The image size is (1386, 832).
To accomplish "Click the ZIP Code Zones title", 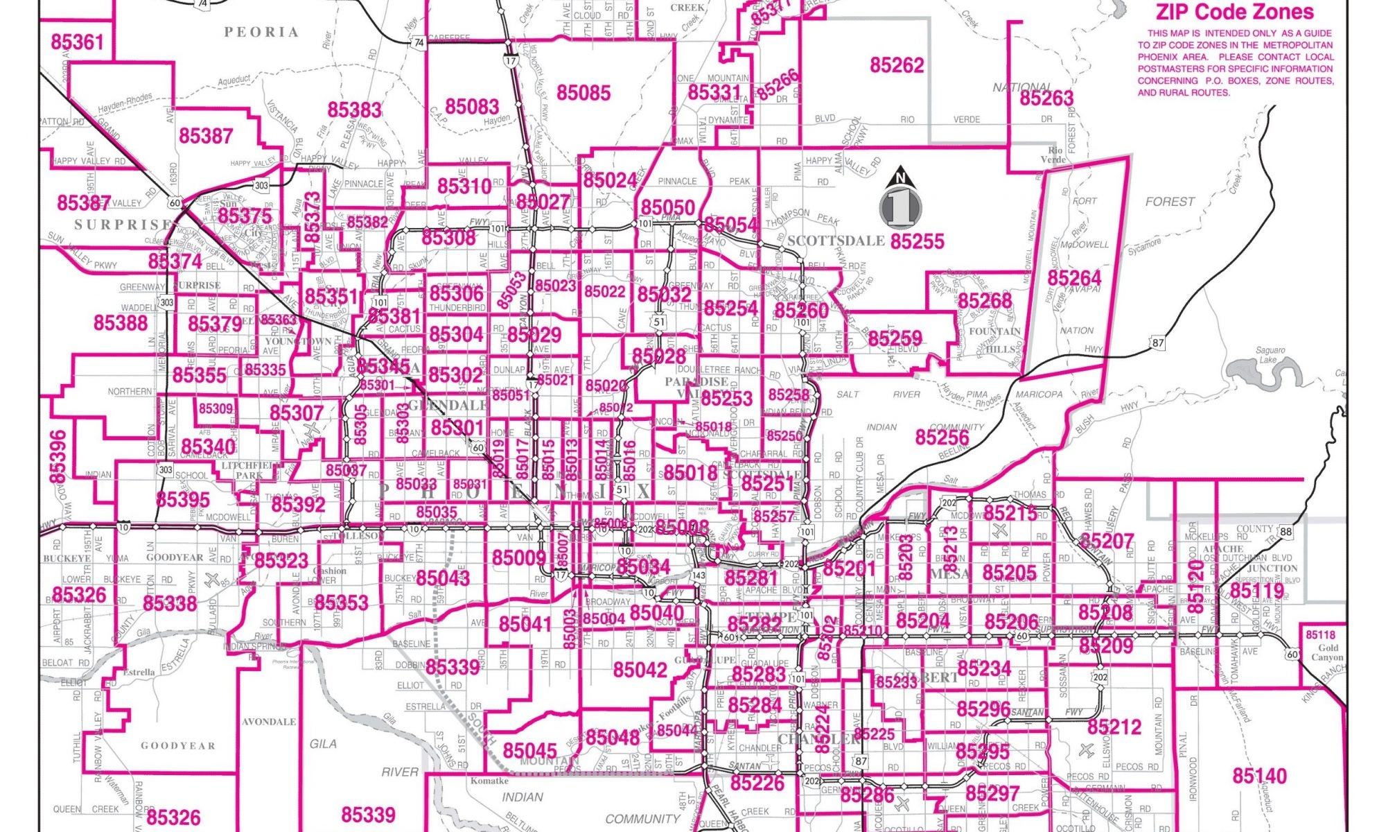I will pyautogui.click(x=1234, y=12).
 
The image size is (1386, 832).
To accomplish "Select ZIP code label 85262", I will pyautogui.click(x=897, y=65).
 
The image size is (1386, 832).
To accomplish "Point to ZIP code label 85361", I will pyautogui.click(x=77, y=42).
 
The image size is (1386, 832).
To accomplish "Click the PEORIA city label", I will pyautogui.click(x=261, y=32).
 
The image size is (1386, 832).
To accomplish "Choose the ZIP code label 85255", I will pyautogui.click(x=917, y=241).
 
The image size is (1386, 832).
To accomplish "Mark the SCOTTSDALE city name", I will pyautogui.click(x=836, y=241).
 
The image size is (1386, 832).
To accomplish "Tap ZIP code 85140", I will pyautogui.click(x=1259, y=776).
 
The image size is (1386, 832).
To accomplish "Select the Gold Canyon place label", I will pyautogui.click(x=1326, y=652).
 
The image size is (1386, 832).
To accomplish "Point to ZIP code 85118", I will pyautogui.click(x=1320, y=635).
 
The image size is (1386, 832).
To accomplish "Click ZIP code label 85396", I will pyautogui.click(x=58, y=456).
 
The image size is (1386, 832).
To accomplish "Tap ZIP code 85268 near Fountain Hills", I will pyautogui.click(x=984, y=301).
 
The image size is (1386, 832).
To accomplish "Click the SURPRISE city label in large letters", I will pyautogui.click(x=123, y=225).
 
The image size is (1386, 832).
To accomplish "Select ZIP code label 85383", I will pyautogui.click(x=354, y=110).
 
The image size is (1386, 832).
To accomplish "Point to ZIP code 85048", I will pyautogui.click(x=612, y=738).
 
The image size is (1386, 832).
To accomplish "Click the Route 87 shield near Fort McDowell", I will pyautogui.click(x=1158, y=343).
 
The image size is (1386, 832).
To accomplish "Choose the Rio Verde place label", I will pyautogui.click(x=1055, y=155).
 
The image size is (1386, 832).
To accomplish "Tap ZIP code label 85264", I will pyautogui.click(x=1073, y=279).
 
